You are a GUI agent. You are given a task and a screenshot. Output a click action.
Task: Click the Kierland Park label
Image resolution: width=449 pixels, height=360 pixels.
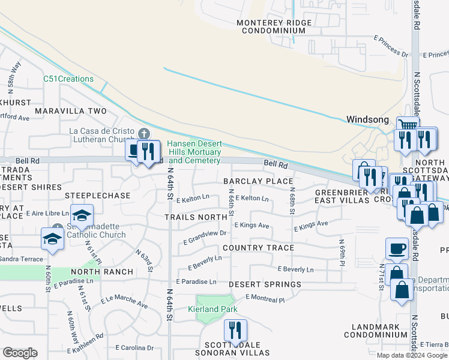click(212, 309)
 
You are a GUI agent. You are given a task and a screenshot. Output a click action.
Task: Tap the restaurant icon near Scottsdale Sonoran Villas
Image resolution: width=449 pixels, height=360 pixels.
click(235, 330)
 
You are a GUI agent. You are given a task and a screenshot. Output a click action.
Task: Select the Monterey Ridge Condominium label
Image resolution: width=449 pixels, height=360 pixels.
click(271, 26)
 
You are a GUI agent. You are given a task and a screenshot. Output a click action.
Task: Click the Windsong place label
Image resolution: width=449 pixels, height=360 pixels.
click(368, 119)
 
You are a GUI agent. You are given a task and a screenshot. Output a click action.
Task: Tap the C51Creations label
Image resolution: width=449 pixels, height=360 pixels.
click(68, 79)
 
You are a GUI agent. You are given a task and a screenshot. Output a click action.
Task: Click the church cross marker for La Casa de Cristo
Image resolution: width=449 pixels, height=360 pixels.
click(143, 133)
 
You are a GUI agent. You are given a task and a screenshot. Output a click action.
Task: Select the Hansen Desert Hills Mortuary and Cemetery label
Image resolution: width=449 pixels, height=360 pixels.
click(194, 152)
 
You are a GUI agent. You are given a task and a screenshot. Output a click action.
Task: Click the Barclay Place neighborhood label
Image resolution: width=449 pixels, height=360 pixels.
click(258, 181)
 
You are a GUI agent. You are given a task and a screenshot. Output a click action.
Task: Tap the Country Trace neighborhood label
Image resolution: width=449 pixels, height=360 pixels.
click(258, 247)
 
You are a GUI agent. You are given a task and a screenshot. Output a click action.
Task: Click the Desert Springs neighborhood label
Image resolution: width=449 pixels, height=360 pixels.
click(265, 284)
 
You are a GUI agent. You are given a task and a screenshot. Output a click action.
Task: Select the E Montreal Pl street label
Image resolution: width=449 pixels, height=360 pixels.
click(265, 298)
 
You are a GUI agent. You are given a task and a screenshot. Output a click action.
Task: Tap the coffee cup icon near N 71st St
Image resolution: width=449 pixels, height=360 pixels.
click(396, 249)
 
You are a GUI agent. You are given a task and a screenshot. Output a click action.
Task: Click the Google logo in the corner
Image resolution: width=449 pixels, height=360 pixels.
click(20, 352)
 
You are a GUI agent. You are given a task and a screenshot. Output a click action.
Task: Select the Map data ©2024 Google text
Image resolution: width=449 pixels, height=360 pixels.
click(412, 355)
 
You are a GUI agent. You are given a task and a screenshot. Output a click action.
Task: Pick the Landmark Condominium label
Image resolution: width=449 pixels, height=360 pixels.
click(376, 331)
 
